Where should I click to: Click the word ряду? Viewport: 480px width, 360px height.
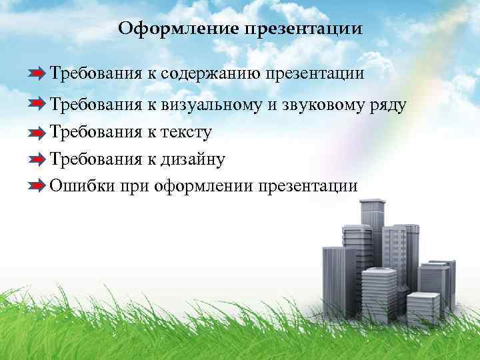[x=387, y=105]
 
